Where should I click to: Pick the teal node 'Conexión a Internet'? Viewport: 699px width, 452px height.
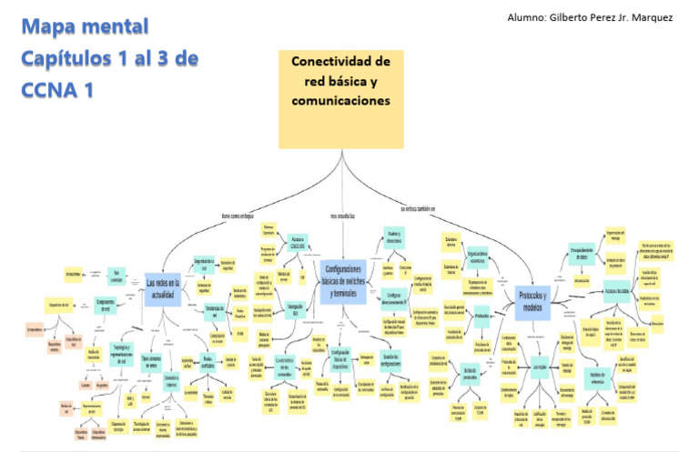tap(170, 380)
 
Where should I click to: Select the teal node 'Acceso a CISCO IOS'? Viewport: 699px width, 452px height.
tap(294, 243)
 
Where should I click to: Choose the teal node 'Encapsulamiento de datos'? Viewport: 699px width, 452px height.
tap(581, 255)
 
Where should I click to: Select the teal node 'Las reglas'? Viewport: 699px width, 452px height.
tap(538, 366)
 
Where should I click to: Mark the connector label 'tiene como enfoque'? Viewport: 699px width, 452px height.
tap(238, 216)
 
